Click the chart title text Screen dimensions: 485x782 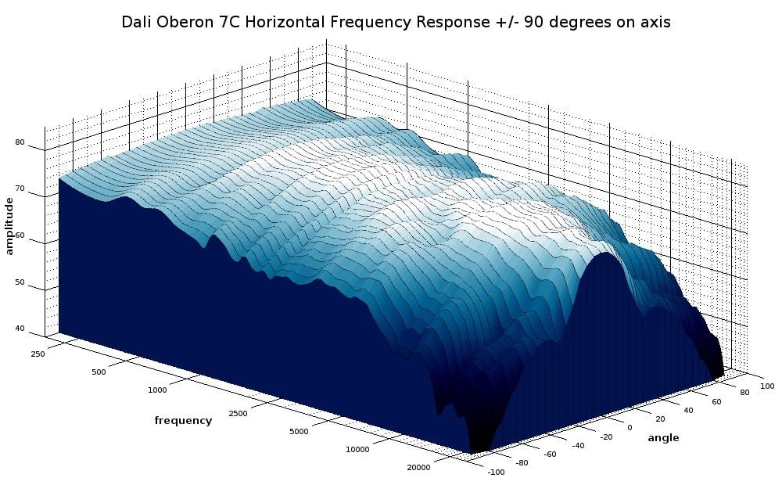(x=396, y=22)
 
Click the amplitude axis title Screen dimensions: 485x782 (x=9, y=226)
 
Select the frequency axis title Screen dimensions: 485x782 (x=183, y=420)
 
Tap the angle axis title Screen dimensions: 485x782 (x=663, y=438)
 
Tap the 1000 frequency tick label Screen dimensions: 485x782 (x=156, y=389)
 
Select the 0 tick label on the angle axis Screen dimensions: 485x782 (x=630, y=427)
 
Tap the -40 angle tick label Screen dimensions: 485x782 (x=577, y=445)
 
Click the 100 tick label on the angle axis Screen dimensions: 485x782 (x=766, y=386)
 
